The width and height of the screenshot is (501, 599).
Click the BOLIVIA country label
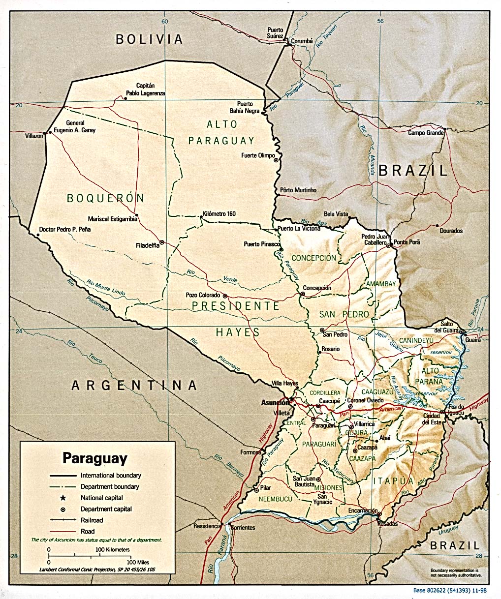pos(149,39)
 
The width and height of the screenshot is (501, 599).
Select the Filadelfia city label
pos(147,245)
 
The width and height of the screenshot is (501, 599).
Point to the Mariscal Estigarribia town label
pos(112,219)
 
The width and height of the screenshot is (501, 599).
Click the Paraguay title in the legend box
pos(94,458)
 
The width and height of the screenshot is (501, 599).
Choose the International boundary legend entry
pos(111,476)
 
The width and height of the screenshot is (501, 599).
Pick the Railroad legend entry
pos(92,520)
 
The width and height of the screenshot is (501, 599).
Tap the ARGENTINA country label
pos(134,385)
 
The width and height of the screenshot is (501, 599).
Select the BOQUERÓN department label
pos(105,198)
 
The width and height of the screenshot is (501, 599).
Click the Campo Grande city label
pos(426,133)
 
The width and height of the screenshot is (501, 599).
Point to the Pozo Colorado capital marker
pos(225,296)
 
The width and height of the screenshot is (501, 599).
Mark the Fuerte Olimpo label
pos(257,156)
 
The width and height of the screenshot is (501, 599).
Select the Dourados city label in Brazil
pos(451,231)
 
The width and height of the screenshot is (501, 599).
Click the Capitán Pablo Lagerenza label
pos(145,89)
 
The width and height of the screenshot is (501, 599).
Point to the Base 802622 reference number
pos(449,590)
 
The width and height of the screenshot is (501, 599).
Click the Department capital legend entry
pos(106,509)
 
